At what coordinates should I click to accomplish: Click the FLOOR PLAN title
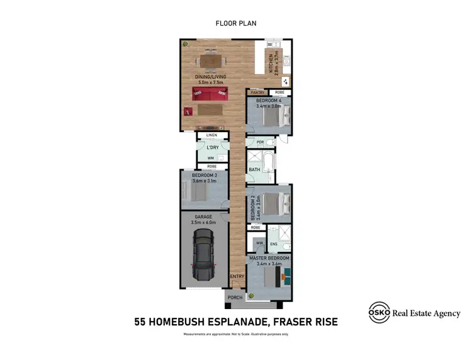click(236, 23)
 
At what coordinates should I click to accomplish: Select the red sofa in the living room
click(210, 95)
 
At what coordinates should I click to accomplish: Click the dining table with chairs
click(210, 61)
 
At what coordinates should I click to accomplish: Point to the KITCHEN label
click(271, 63)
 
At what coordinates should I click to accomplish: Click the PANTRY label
click(257, 93)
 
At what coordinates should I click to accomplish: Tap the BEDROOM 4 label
click(269, 101)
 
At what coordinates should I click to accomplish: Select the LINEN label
click(211, 135)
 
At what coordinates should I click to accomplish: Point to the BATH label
click(254, 169)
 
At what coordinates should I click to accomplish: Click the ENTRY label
click(237, 276)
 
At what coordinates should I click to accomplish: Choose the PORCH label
click(235, 298)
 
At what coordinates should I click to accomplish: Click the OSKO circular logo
click(378, 313)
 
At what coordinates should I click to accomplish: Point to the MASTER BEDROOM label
click(269, 258)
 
